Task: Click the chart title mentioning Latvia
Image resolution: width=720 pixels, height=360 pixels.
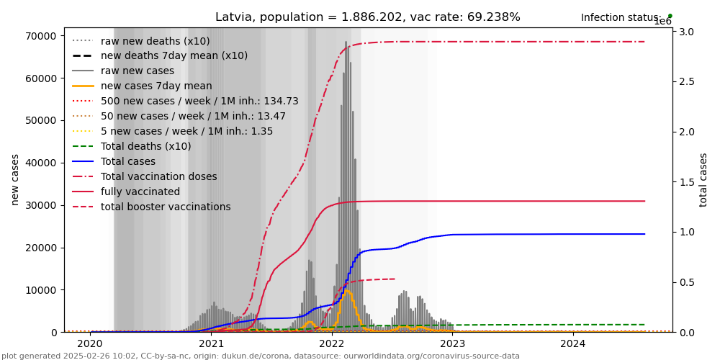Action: click(367, 17)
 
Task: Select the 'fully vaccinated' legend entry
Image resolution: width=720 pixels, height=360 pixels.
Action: click(140, 192)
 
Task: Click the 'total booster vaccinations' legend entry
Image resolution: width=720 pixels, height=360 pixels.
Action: click(166, 207)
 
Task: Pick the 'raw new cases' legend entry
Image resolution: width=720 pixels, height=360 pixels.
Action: click(137, 71)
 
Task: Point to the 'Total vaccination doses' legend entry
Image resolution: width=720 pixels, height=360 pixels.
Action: click(158, 176)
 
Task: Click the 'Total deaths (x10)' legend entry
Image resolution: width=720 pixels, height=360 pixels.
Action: click(145, 146)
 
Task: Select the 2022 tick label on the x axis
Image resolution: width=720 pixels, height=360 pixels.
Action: click(332, 344)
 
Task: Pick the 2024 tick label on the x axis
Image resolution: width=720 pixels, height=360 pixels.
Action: click(573, 344)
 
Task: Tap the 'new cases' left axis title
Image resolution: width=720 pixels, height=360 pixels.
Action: click(15, 179)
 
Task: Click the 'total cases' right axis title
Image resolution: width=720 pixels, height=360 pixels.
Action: click(703, 179)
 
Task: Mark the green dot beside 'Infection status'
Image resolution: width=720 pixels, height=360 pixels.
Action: click(670, 15)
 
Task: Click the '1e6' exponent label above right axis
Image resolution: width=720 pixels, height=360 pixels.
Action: click(662, 22)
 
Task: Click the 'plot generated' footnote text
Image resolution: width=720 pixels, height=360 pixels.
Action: click(260, 356)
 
